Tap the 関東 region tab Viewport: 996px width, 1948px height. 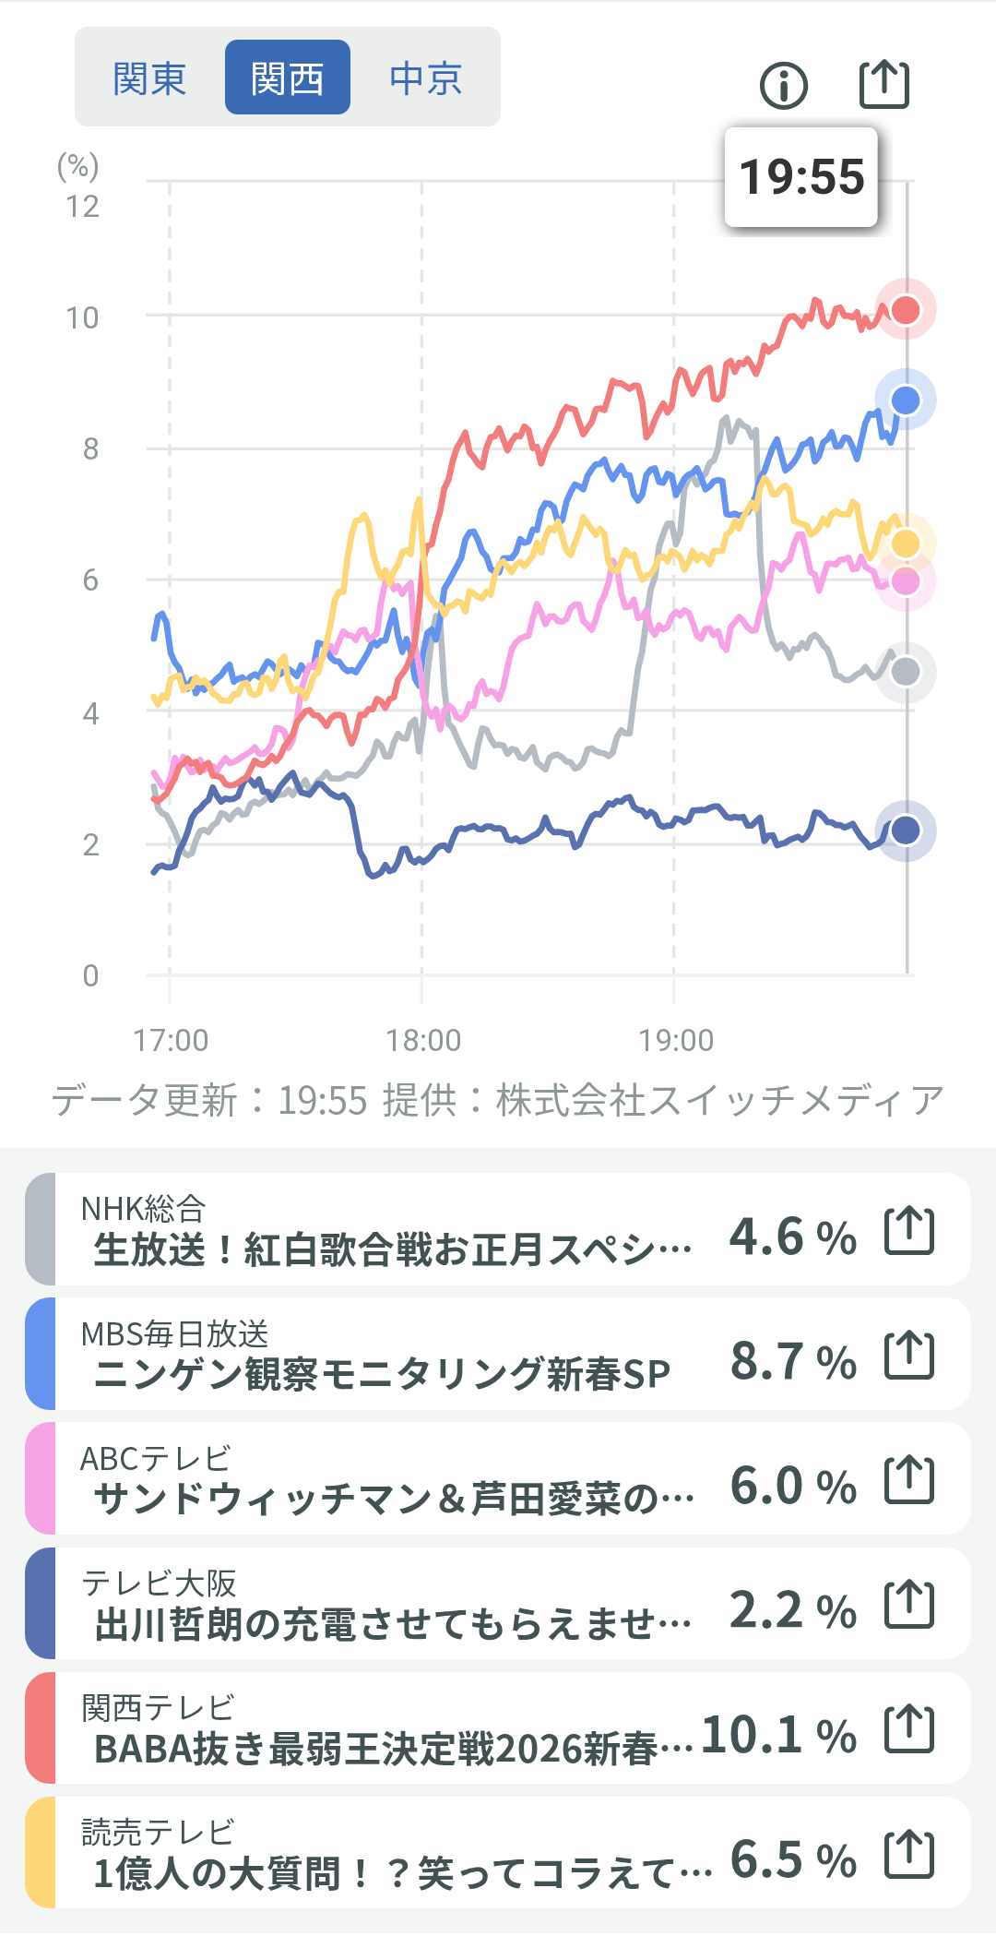[x=149, y=78]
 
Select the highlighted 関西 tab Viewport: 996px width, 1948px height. [x=287, y=78]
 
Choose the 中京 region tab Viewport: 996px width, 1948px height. [x=425, y=78]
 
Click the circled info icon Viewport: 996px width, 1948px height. [x=783, y=86]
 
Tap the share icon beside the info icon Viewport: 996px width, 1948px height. [x=884, y=85]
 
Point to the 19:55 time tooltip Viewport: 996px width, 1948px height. [x=801, y=177]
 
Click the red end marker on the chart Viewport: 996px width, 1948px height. [x=906, y=310]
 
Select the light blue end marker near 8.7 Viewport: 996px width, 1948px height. [x=906, y=400]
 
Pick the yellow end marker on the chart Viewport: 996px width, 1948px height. [x=906, y=544]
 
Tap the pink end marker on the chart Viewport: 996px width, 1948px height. [x=906, y=582]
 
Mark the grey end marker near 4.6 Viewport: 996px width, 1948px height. [x=906, y=672]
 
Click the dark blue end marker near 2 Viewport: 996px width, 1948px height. [x=906, y=831]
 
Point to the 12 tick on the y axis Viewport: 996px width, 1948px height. [x=82, y=206]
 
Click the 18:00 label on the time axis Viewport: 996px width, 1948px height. [x=422, y=1041]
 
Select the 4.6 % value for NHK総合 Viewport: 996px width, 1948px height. [x=793, y=1237]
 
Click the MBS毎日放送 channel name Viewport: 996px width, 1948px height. [x=174, y=1333]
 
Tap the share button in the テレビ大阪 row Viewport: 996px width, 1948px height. [x=909, y=1605]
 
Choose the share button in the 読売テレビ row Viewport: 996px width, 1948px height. [x=909, y=1854]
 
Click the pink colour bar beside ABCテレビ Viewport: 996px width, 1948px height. [x=41, y=1478]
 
